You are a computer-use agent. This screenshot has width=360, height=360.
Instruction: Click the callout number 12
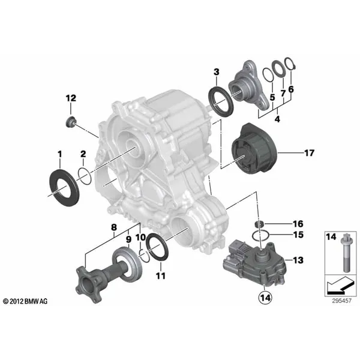tap(71, 98)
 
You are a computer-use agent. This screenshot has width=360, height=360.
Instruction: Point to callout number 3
tap(216, 73)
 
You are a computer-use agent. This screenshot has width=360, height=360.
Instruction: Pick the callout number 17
tap(309, 154)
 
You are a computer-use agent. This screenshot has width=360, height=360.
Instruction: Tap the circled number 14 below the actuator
tap(265, 295)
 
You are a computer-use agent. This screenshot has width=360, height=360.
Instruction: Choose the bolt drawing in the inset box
tap(335, 255)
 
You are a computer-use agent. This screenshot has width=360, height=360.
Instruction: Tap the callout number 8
tap(113, 227)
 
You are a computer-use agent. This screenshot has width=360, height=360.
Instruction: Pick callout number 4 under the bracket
tap(277, 119)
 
